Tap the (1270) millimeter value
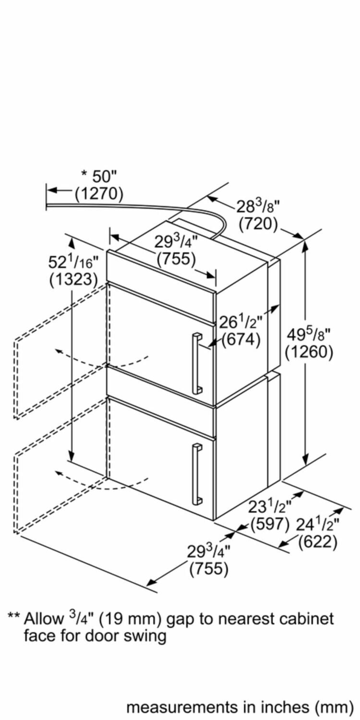(x=99, y=194)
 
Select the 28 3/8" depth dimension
(x=258, y=207)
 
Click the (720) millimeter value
(x=259, y=224)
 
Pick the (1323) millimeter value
(x=73, y=280)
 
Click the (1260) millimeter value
(x=309, y=352)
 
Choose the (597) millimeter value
(x=269, y=524)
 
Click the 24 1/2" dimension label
(x=317, y=525)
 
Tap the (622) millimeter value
(x=317, y=542)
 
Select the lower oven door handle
(x=197, y=474)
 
